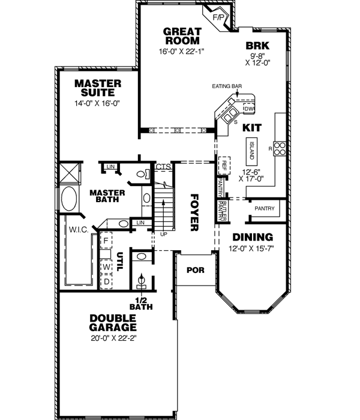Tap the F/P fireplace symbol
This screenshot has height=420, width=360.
(218, 17)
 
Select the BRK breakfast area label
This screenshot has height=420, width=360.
(257, 45)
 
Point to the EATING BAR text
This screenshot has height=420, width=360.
(226, 86)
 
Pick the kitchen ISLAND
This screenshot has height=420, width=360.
(252, 151)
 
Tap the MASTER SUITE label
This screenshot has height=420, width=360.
(98, 88)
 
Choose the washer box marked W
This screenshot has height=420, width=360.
(106, 266)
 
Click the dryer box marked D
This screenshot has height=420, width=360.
(106, 281)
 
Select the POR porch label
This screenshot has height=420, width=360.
(195, 270)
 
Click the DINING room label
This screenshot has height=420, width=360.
(253, 237)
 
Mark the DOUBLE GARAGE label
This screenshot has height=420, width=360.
(113, 323)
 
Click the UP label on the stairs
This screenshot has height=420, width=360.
(163, 233)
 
